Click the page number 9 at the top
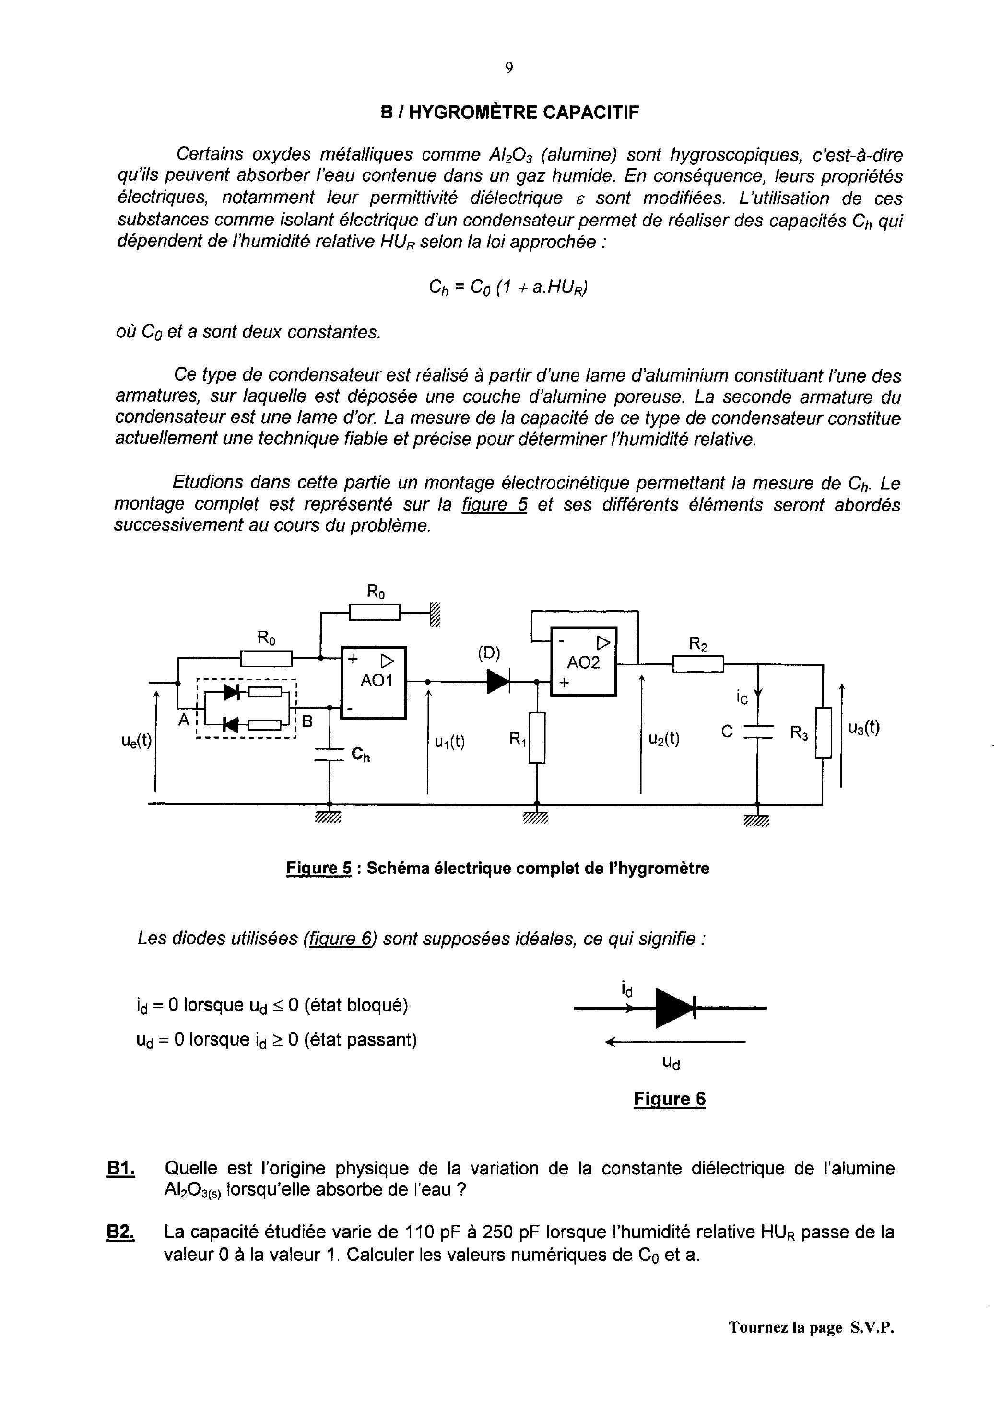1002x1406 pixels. pyautogui.click(x=508, y=69)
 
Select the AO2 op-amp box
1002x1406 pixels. pyautogui.click(x=583, y=661)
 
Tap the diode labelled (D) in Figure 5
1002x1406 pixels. pyautogui.click(x=498, y=681)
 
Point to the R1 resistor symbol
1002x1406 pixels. pyautogui.click(x=537, y=737)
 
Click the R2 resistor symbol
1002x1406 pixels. pyautogui.click(x=697, y=664)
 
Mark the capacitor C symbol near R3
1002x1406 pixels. pyautogui.click(x=758, y=732)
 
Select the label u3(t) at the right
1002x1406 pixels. pyautogui.click(x=864, y=728)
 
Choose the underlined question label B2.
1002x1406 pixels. pyautogui.click(x=121, y=1232)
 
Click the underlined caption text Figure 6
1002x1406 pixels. pyautogui.click(x=670, y=1099)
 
